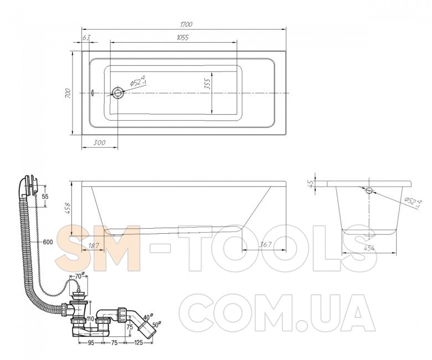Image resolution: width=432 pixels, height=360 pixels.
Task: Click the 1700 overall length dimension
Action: [186, 24]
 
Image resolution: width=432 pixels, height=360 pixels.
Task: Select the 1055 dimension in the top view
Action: [183, 38]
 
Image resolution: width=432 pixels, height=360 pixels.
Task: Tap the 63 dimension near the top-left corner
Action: [86, 38]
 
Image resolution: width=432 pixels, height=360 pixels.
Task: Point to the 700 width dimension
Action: [68, 94]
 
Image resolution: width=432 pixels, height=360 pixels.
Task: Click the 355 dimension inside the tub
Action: [207, 84]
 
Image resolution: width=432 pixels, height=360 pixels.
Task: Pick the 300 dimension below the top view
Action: [99, 143]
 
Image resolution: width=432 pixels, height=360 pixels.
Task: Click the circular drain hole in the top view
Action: [118, 93]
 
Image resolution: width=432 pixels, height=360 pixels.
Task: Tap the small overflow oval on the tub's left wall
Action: [93, 93]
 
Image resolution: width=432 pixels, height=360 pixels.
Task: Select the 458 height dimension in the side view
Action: [68, 208]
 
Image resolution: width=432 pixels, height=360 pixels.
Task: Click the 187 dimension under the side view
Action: [93, 245]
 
